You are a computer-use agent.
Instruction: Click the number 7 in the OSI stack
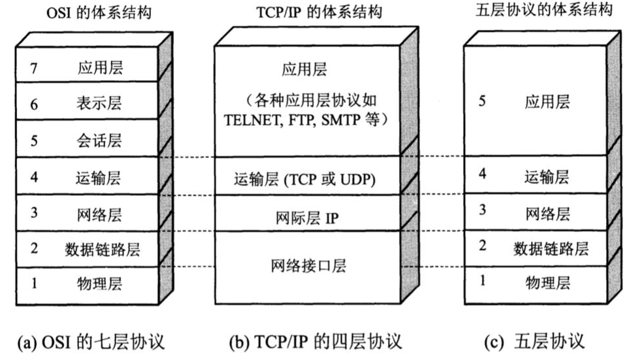[x=34, y=68]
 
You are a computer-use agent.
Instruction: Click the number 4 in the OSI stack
[x=34, y=177]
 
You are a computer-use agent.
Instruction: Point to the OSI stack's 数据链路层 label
[x=102, y=249]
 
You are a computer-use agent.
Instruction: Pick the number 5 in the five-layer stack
[x=482, y=101]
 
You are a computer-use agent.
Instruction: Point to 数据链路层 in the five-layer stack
[x=551, y=248]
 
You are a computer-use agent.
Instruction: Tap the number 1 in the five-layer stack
[x=482, y=280]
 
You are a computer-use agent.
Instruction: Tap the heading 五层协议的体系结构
[x=542, y=11]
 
